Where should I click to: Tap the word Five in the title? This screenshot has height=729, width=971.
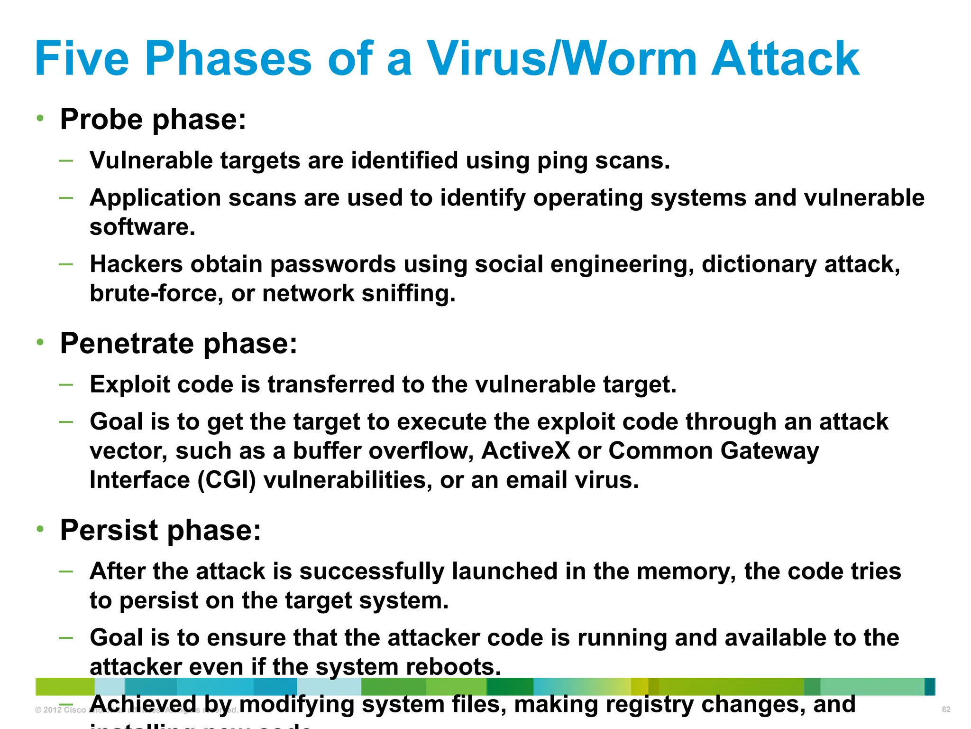point(82,58)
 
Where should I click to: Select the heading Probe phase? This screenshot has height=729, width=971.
point(153,119)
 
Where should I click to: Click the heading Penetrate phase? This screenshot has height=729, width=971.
point(178,343)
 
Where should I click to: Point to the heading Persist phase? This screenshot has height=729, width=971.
point(160,530)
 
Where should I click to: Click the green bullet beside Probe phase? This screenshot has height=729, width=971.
point(41,118)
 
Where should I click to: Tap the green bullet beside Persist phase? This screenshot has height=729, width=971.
point(41,529)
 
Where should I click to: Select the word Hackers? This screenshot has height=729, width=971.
point(136,264)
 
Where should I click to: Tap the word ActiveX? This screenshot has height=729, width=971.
point(525,451)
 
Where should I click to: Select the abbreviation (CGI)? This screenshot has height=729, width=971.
point(226,480)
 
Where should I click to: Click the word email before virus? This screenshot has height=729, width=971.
point(536,480)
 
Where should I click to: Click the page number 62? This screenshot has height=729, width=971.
point(946,710)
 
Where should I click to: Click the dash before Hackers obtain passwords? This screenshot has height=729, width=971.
point(66,264)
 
